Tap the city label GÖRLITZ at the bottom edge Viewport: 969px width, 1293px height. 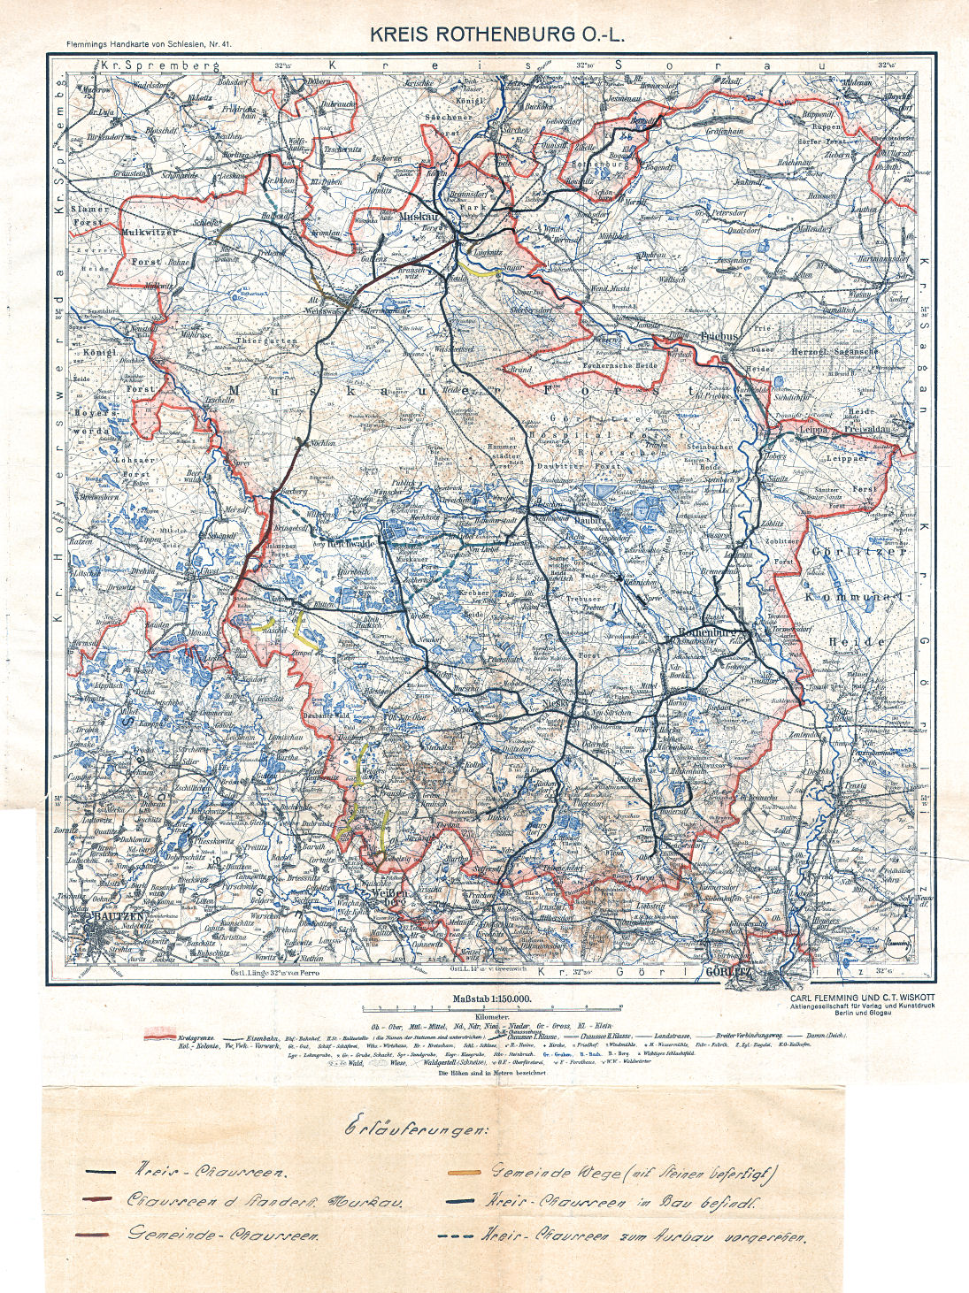tap(728, 972)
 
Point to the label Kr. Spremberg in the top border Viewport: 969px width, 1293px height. tap(159, 65)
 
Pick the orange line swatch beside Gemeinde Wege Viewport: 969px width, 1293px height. tap(464, 1174)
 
